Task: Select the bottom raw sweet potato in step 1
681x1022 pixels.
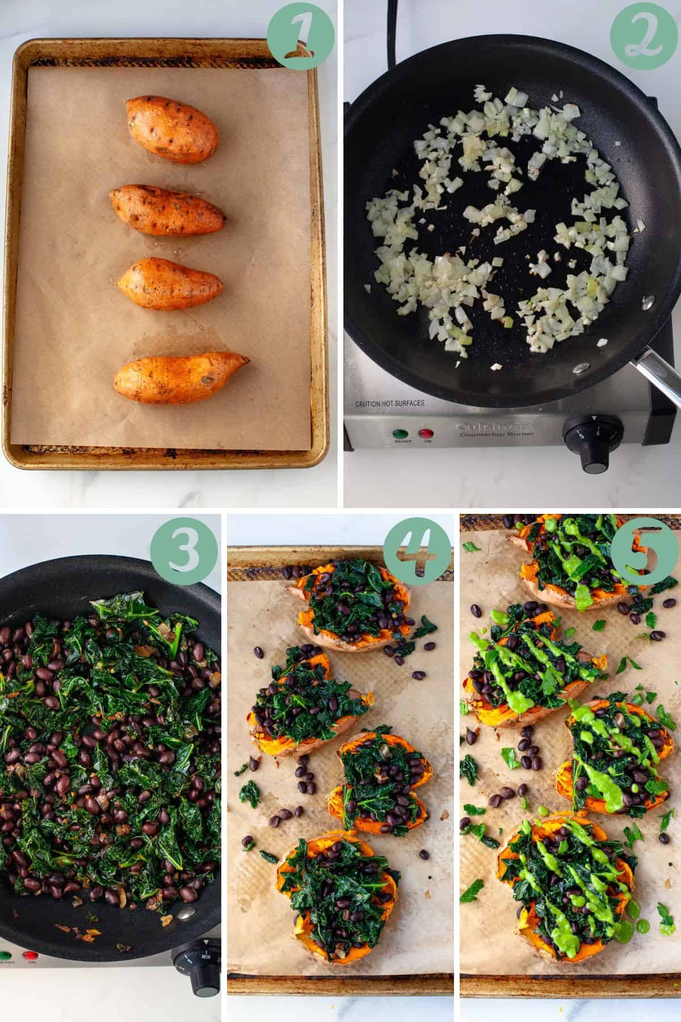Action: [179, 378]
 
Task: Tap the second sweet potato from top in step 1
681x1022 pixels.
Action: [168, 210]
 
